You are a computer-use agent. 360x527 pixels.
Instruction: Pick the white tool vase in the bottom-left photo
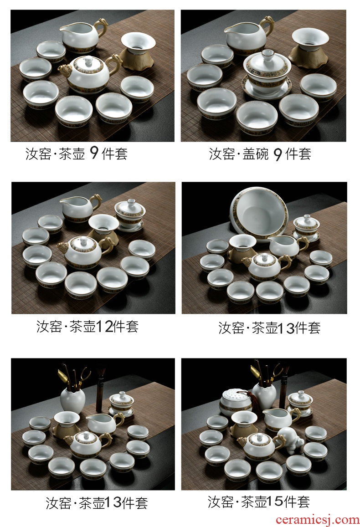72,399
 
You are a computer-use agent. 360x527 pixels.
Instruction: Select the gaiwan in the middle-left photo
130,215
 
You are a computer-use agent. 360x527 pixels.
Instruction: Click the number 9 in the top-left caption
94,153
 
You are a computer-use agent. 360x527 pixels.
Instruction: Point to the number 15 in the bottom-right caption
275,501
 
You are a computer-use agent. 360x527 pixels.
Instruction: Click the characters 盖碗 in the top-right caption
256,154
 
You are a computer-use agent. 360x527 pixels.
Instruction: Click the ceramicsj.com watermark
317,520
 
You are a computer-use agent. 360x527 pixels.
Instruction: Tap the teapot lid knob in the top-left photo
88,61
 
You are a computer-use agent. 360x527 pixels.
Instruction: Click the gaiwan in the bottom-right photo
300,403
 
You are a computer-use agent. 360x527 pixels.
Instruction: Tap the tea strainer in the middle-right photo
242,249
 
